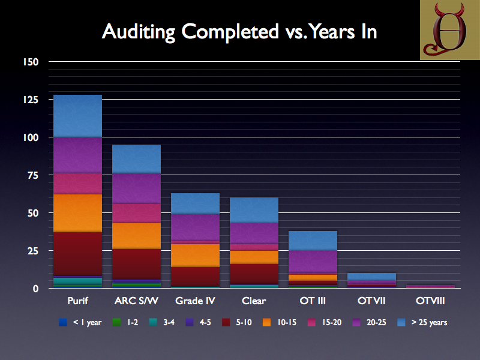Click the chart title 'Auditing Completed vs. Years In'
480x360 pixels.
[239, 31]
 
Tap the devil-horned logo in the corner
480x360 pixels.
[449, 29]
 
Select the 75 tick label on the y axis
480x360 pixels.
[32, 175]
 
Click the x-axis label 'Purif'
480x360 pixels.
[77, 300]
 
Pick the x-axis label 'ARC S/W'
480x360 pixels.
[136, 300]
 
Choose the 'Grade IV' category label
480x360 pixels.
[195, 300]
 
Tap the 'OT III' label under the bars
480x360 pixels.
[313, 300]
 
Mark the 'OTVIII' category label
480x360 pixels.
[431, 300]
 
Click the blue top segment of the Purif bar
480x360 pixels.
[77, 116]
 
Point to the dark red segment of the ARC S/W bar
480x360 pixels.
[136, 264]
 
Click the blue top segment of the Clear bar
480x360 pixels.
[254, 210]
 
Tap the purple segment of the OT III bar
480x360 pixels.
[313, 261]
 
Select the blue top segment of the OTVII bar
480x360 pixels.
[372, 277]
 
